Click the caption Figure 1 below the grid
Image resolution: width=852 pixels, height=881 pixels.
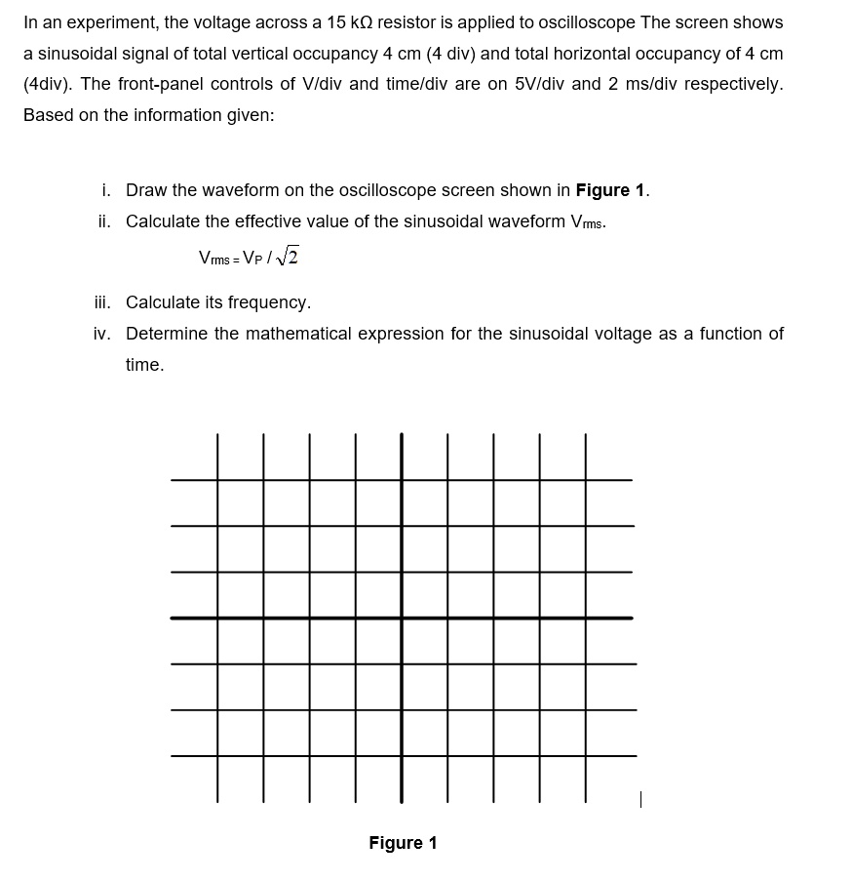[x=403, y=843]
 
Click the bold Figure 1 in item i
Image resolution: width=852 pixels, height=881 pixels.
[x=611, y=189]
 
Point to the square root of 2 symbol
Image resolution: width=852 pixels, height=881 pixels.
[x=287, y=258]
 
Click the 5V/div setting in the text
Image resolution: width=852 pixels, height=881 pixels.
[x=541, y=83]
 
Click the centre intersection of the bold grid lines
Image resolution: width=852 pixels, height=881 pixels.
[x=402, y=618]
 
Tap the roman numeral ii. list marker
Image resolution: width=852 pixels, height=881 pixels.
[x=106, y=220]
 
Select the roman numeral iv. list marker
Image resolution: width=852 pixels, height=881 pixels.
[x=103, y=334]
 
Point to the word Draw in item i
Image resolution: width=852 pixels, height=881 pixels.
[x=146, y=189]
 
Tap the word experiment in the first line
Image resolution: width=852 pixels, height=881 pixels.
[x=111, y=21]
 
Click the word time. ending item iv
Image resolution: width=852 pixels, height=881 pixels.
[x=144, y=365]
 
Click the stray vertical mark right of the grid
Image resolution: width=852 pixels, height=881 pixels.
[x=639, y=799]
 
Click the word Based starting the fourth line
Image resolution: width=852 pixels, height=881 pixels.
[x=47, y=114]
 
